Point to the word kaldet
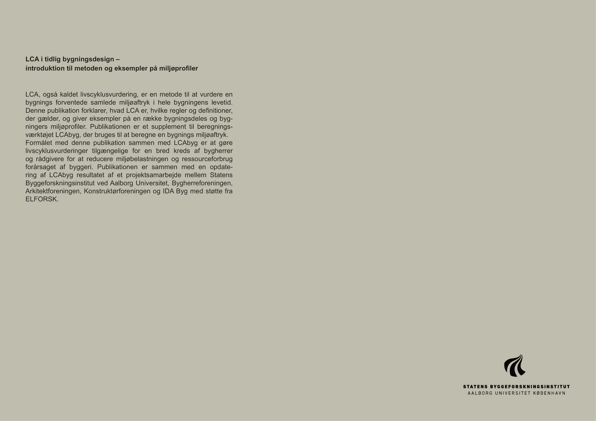(69, 94)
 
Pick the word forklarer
(94, 111)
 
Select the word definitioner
(215, 111)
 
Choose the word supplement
(165, 127)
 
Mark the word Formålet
(39, 143)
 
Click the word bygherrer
(218, 151)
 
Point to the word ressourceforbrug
(207, 159)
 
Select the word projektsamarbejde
(153, 175)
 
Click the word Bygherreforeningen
(202, 183)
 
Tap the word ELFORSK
(42, 199)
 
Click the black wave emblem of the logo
(514, 366)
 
